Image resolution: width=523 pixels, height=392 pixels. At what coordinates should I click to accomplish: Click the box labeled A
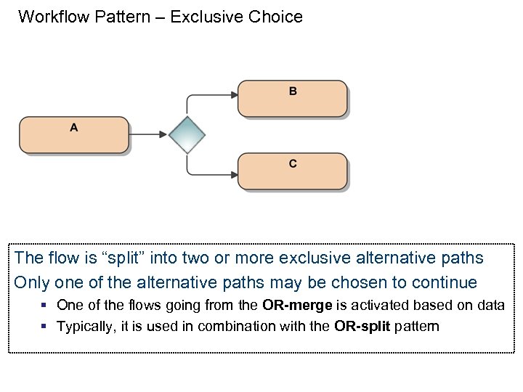74,134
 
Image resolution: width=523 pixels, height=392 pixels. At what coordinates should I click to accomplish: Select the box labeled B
293,98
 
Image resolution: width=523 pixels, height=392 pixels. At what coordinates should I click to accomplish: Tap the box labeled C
293,171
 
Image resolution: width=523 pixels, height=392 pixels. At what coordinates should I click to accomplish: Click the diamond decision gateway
187,134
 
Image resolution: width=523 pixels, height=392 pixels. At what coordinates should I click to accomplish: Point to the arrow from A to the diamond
149,134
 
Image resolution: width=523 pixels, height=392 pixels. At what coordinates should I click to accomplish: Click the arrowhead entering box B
233,94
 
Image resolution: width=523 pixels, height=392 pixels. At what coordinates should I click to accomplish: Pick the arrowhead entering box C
233,174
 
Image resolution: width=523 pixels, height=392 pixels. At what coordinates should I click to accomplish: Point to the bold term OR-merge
298,305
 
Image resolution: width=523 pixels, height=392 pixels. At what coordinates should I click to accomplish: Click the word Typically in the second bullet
85,326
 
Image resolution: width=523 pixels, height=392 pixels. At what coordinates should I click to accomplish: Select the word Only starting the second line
31,282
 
